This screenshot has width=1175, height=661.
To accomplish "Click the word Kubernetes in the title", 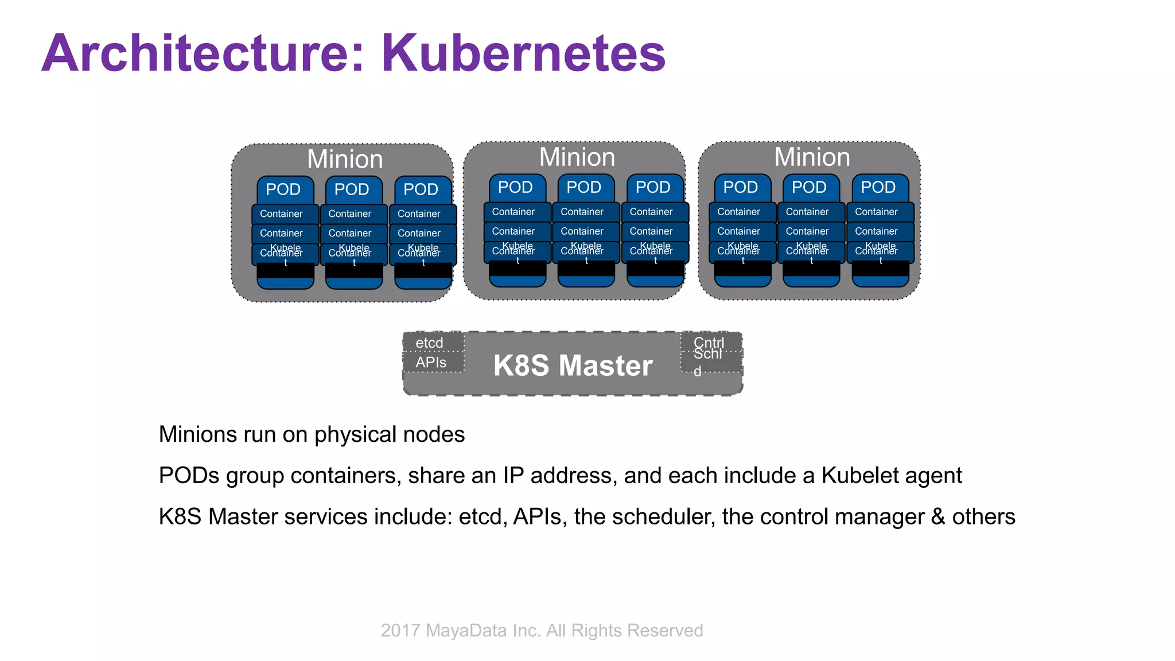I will [523, 53].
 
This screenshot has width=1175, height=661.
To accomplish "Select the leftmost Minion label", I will [345, 160].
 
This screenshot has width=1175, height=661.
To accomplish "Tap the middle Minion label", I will [577, 157].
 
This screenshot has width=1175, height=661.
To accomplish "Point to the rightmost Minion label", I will [812, 157].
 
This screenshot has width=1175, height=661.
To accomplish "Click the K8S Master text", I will [573, 366].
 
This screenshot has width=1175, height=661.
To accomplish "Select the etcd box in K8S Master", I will [430, 343].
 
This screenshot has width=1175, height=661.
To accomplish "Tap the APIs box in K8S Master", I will [431, 363].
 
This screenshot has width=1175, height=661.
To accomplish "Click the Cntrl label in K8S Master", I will [709, 342].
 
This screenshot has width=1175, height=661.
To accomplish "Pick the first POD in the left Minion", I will [283, 189].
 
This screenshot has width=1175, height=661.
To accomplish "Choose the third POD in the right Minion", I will [878, 188].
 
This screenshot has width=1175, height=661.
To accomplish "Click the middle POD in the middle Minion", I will [583, 188].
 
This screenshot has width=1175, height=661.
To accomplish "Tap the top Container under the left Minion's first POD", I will [282, 214].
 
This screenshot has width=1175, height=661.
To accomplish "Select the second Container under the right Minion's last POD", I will [877, 231].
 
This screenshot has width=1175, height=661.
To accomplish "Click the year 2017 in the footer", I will [400, 631].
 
